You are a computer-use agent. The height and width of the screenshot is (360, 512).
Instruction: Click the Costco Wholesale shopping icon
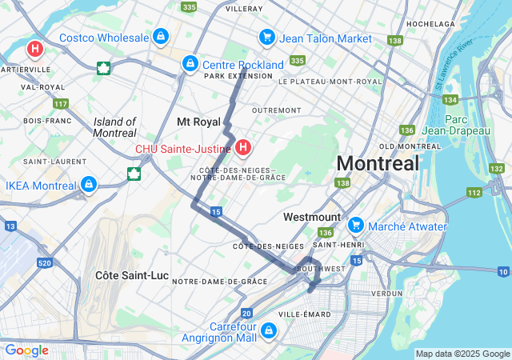(x=162, y=37)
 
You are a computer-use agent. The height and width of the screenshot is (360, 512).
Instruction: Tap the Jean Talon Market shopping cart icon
(x=266, y=38)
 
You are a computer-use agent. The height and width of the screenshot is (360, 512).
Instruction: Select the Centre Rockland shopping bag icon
(x=190, y=63)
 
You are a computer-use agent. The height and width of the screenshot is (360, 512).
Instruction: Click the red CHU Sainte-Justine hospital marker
(x=243, y=147)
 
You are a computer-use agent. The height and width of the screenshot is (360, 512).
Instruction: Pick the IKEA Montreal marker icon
(x=89, y=186)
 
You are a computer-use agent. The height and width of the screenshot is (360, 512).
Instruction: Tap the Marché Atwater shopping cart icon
(x=355, y=226)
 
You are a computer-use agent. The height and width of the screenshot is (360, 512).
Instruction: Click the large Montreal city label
(x=378, y=163)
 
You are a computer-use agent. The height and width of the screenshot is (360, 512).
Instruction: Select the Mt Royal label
(x=198, y=122)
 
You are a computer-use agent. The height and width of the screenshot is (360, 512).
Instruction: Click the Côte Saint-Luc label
(x=132, y=275)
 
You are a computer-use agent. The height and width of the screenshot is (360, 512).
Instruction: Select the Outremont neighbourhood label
(x=276, y=110)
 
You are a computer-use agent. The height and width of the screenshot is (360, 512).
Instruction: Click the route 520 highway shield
(x=44, y=262)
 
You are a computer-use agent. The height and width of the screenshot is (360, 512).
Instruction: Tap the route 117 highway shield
(x=61, y=104)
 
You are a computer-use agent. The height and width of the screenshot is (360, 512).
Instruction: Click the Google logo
(x=26, y=350)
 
